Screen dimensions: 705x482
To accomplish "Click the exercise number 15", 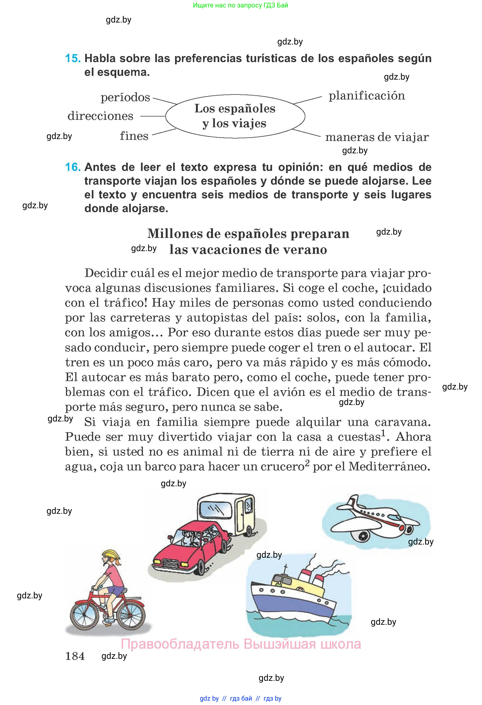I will tap(73, 58).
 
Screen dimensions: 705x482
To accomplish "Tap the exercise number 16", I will tap(73, 167).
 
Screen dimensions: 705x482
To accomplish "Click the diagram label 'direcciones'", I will tap(100, 116).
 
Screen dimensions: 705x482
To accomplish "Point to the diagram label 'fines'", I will tap(134, 136).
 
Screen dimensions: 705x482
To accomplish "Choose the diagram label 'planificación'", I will tap(367, 96).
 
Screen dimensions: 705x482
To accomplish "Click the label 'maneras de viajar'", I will tap(377, 137).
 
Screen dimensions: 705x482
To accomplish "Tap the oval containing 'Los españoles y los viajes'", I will tap(235, 116).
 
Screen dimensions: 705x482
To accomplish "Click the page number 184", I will tap(75, 656).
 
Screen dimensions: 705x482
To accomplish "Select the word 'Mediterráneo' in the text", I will tap(389, 466).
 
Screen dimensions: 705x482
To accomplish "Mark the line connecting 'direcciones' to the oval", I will tap(153, 116).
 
